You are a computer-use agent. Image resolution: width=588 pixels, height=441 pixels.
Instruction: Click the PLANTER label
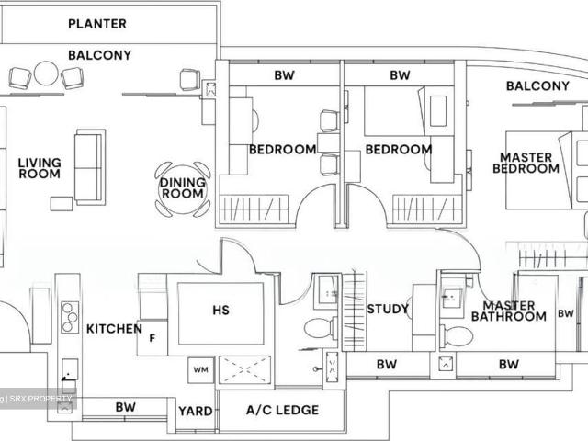coord(97,23)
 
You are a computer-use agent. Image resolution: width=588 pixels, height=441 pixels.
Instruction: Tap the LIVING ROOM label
coord(40,168)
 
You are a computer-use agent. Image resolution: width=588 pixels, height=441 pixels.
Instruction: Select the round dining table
coord(183,188)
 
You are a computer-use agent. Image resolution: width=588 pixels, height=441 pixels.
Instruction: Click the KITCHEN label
coord(114,329)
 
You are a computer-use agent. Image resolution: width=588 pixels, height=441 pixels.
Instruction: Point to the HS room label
coord(220,311)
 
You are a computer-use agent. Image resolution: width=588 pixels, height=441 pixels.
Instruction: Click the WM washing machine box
coord(201,370)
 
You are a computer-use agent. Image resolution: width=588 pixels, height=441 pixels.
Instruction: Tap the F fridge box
coord(152,337)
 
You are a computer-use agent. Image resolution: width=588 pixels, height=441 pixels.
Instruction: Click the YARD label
coord(195,412)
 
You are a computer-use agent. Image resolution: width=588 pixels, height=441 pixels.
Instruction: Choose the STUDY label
coord(387,309)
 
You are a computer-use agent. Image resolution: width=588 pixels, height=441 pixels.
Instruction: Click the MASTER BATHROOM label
coord(508,311)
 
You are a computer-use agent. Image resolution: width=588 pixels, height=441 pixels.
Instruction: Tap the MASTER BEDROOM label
coord(526,163)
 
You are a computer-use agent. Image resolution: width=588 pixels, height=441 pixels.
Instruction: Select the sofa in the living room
coord(89,166)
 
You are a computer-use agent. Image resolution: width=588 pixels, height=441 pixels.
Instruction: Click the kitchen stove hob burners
coord(68,318)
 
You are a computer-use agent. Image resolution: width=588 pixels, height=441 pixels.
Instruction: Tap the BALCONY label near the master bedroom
coord(537,86)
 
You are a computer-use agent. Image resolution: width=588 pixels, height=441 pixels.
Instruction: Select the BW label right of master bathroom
coord(564,314)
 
